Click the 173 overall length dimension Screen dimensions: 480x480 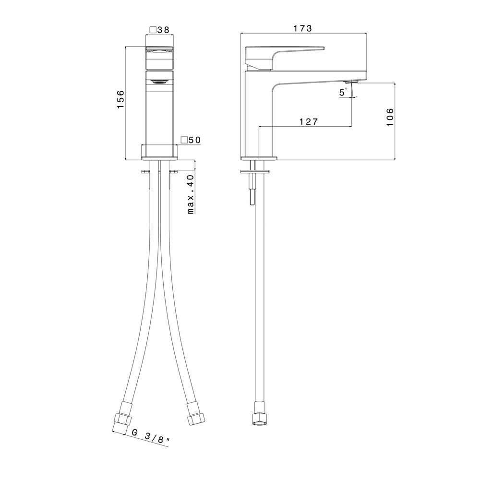302,28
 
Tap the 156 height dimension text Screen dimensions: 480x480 121,99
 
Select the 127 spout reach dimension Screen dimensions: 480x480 308,122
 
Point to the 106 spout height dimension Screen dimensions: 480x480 390,117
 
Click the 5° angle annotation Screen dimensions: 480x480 344,92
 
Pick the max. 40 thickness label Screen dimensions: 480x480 191,194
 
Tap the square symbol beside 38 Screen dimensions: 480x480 153,30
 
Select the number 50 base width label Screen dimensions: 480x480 195,140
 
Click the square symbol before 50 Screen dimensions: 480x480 184,140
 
